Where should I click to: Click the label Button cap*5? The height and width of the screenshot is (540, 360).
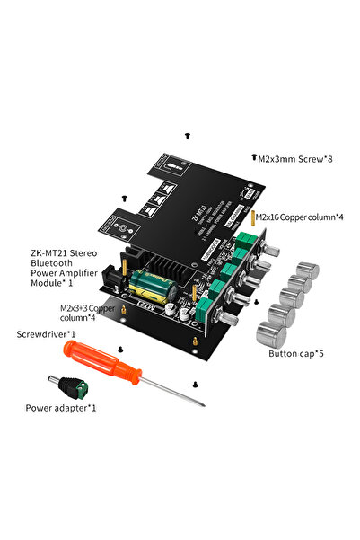pyautogui.click(x=295, y=353)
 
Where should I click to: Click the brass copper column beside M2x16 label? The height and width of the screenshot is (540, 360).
pyautogui.click(x=252, y=217)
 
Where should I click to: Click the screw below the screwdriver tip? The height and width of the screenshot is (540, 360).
pyautogui.click(x=194, y=384)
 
